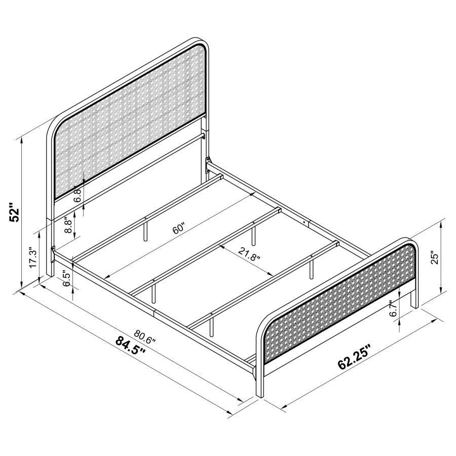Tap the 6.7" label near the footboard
[x=391, y=309]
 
